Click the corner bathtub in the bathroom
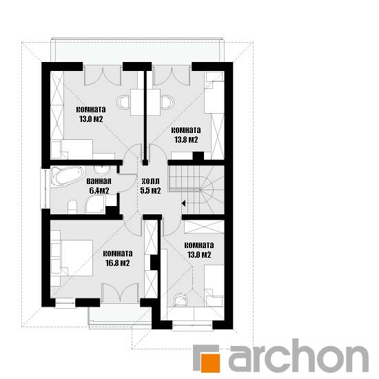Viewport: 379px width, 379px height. click(x=68, y=176)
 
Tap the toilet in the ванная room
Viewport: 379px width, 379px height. click(x=72, y=207)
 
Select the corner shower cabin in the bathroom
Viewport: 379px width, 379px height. click(x=96, y=205)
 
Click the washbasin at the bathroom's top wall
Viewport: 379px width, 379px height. click(x=102, y=170)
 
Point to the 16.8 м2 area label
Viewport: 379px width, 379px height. click(x=118, y=263)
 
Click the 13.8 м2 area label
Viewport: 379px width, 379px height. click(x=186, y=140)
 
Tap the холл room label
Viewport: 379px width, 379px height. click(x=151, y=181)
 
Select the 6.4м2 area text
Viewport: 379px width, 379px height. click(x=99, y=191)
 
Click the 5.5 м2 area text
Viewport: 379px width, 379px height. click(x=151, y=191)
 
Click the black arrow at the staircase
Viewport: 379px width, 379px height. click(x=183, y=203)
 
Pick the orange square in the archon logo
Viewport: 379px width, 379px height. click(x=211, y=363)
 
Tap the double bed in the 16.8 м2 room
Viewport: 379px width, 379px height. click(x=72, y=258)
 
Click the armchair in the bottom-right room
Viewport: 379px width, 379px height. click(x=181, y=300)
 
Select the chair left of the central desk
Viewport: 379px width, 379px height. click(x=123, y=102)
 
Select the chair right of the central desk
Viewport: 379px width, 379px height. click(x=167, y=102)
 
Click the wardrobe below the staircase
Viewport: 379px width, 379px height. click(x=204, y=227)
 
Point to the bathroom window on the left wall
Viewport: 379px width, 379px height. click(x=45, y=188)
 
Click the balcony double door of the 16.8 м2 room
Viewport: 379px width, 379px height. click(x=120, y=293)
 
